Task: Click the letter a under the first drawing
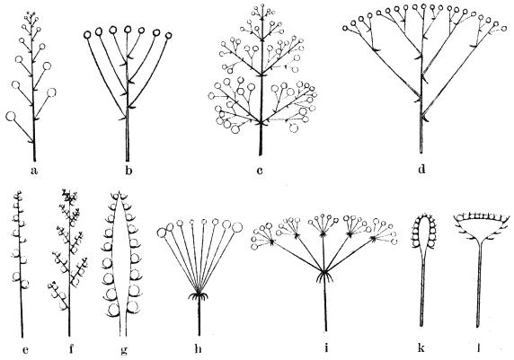(33, 171)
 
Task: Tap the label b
(128, 170)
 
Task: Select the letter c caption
(260, 171)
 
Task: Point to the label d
(421, 169)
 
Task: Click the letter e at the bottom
(25, 350)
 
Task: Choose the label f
(71, 349)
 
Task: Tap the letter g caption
(124, 351)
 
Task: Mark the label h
(198, 349)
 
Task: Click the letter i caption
(326, 348)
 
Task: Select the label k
(421, 348)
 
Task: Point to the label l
(479, 348)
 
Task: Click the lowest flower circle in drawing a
(11, 117)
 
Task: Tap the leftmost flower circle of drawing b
(87, 35)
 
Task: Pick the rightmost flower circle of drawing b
(169, 35)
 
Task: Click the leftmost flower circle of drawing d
(345, 29)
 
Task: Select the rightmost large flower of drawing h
(236, 226)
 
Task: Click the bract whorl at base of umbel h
(198, 296)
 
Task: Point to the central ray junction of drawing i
(323, 271)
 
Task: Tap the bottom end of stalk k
(421, 325)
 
